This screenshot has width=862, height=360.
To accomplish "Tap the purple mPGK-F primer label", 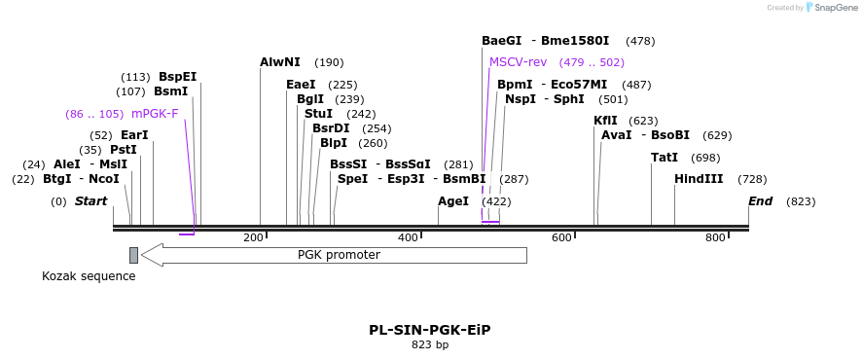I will [155, 114].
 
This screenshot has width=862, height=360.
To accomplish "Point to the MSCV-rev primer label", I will [518, 62].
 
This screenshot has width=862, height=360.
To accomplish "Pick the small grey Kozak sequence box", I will [133, 255].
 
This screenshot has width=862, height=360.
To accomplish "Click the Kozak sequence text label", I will [89, 276].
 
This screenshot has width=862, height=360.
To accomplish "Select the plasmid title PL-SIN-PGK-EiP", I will [429, 330].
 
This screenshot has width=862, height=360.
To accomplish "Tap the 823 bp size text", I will [429, 344].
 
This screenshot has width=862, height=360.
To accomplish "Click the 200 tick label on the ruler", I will [254, 237].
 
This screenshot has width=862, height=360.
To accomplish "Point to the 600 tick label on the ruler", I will [561, 237].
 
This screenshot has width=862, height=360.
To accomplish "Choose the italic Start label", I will [90, 201].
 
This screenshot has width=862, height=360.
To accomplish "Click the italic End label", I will [760, 201].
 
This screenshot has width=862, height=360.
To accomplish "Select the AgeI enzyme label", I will [453, 201].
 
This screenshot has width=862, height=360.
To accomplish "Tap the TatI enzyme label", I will [664, 158].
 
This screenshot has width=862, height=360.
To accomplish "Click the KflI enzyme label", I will [605, 121].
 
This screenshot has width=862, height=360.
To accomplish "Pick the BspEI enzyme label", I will [177, 77].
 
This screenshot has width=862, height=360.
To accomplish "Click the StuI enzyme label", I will [318, 114].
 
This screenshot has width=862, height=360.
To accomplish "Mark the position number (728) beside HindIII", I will [752, 179].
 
